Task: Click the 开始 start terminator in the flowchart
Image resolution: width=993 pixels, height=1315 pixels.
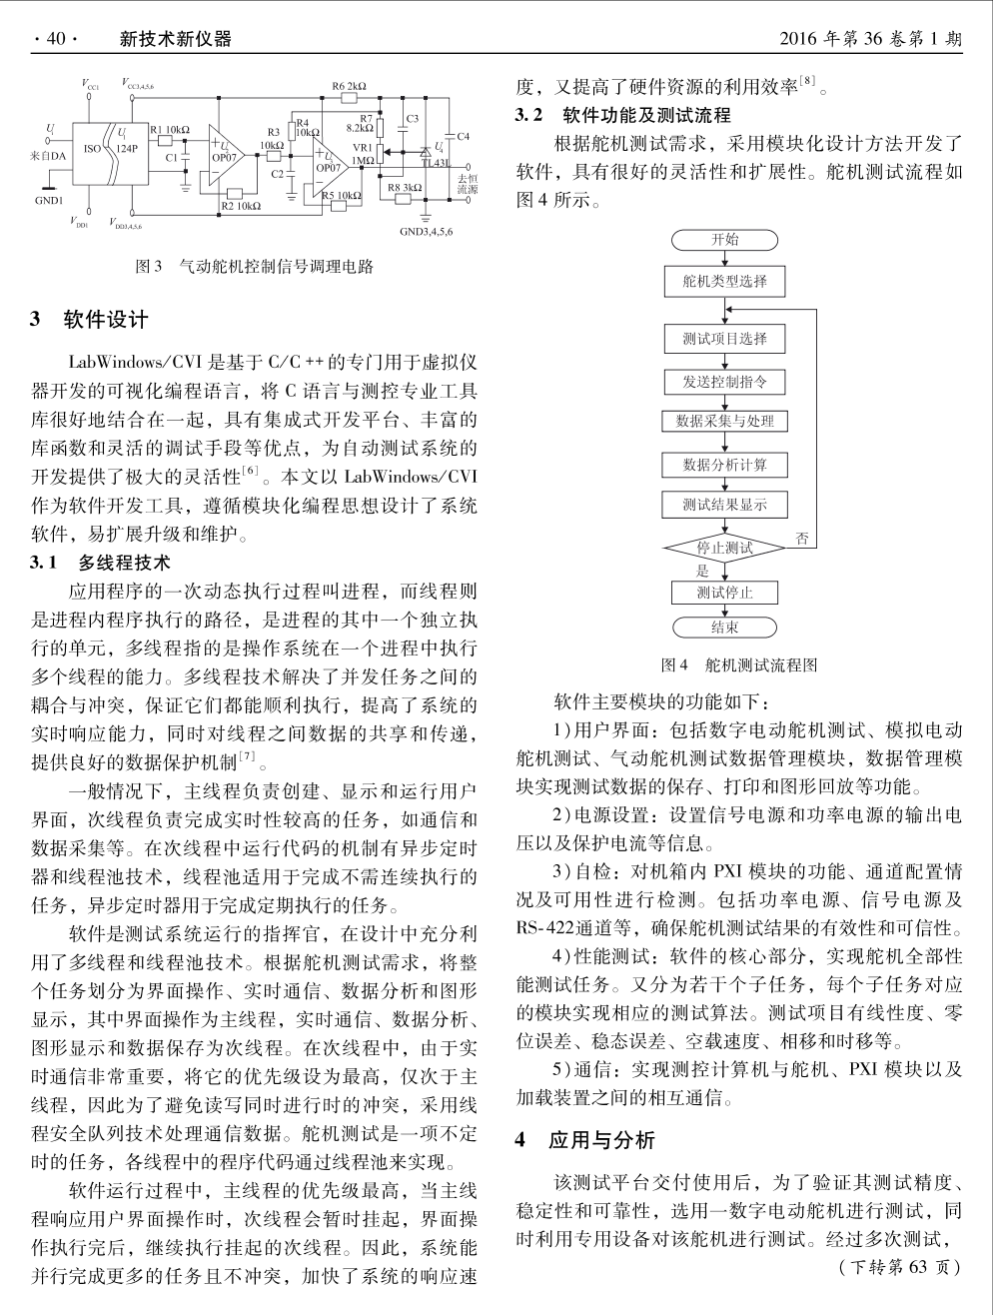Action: (x=724, y=240)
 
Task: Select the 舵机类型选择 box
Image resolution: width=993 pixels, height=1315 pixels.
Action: (x=724, y=282)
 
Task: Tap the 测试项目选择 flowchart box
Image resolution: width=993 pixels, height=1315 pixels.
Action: (x=724, y=339)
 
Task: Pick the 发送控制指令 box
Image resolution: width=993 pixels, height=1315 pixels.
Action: (x=724, y=382)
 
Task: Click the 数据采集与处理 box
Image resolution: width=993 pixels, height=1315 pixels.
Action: (x=724, y=422)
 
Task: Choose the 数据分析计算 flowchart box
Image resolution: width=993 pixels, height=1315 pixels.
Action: (x=724, y=465)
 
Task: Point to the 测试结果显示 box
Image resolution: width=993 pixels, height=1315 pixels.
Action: (x=724, y=505)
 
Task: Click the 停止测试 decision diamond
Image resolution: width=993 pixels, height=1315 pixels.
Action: (x=724, y=548)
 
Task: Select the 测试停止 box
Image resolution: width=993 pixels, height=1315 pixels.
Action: (x=724, y=593)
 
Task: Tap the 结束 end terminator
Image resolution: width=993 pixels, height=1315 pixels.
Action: (x=724, y=628)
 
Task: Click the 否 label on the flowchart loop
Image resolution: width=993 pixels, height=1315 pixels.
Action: (x=801, y=540)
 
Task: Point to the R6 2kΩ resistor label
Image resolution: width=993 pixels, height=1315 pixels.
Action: (x=349, y=87)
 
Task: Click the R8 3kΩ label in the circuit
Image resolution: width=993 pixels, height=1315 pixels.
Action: (x=405, y=187)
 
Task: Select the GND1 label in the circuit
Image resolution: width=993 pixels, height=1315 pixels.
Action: (x=49, y=200)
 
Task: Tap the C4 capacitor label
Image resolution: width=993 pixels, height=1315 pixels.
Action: (x=463, y=136)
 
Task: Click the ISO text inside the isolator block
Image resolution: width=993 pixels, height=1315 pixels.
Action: (x=92, y=148)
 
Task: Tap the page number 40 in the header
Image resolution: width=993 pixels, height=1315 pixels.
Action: (x=54, y=39)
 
